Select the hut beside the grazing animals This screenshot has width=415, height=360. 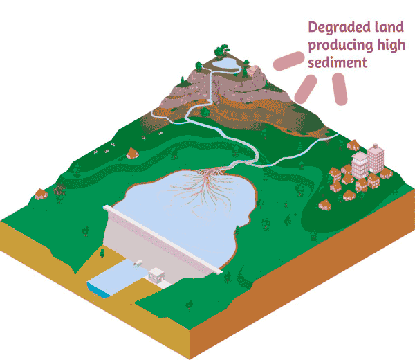131,153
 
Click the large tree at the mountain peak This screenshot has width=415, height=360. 221,50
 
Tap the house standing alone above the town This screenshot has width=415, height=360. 353,145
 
